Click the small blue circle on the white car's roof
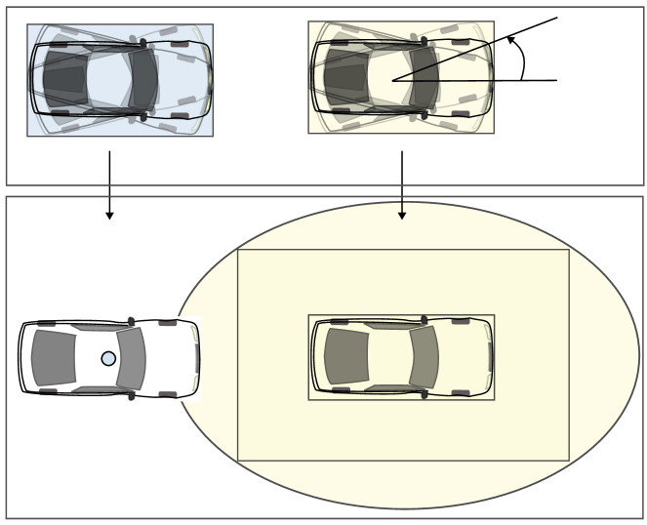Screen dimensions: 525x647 (108, 358)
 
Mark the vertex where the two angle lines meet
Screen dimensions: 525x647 (392, 80)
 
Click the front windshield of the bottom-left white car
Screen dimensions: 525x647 (133, 358)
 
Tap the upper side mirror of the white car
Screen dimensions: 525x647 (131, 319)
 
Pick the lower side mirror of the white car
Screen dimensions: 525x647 (131, 396)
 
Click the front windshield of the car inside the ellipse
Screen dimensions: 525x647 (424, 357)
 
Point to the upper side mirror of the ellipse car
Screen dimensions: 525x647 (422, 318)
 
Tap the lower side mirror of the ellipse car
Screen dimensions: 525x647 (422, 395)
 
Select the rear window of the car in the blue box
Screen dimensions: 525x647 (65, 80)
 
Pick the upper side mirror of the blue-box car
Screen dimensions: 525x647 (143, 41)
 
